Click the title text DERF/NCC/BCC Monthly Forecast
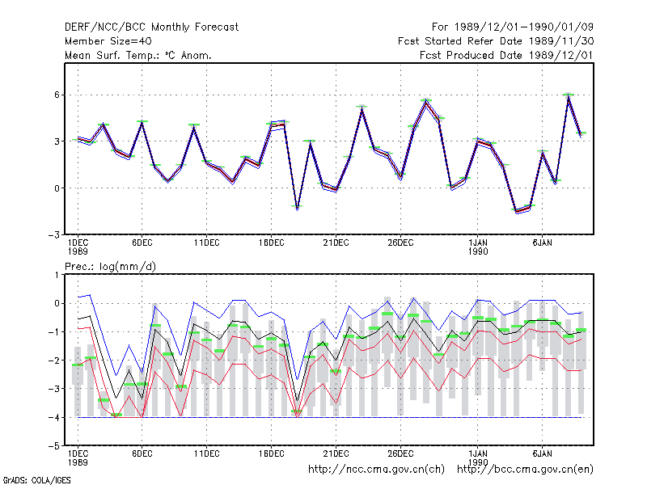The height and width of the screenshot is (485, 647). (x=151, y=27)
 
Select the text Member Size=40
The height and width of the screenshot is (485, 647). (x=108, y=41)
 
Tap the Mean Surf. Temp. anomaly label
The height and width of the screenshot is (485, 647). (x=137, y=55)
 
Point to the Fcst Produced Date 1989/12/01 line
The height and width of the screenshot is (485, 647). (x=506, y=55)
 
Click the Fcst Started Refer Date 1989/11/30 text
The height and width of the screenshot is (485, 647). (x=496, y=41)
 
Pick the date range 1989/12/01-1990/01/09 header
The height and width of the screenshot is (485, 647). (x=513, y=27)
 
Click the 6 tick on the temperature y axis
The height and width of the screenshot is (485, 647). (x=57, y=95)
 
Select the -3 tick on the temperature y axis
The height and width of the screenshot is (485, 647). (x=54, y=234)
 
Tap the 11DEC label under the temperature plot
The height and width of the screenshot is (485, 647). (x=207, y=243)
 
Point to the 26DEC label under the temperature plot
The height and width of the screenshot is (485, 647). (x=400, y=243)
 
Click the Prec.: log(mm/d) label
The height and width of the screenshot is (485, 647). (x=110, y=267)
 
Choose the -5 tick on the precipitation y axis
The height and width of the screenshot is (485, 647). (x=54, y=446)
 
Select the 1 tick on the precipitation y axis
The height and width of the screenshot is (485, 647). (x=57, y=275)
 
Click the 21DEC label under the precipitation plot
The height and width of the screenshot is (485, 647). (x=336, y=453)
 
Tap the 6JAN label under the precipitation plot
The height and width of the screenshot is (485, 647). (x=542, y=453)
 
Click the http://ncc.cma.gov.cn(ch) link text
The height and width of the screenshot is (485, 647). (x=376, y=470)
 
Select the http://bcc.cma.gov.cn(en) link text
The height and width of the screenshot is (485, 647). (x=525, y=470)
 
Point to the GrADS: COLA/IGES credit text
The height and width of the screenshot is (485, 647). (x=36, y=480)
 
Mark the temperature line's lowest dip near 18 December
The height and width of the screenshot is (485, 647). (x=297, y=209)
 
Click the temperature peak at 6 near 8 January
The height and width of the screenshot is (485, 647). (x=569, y=95)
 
